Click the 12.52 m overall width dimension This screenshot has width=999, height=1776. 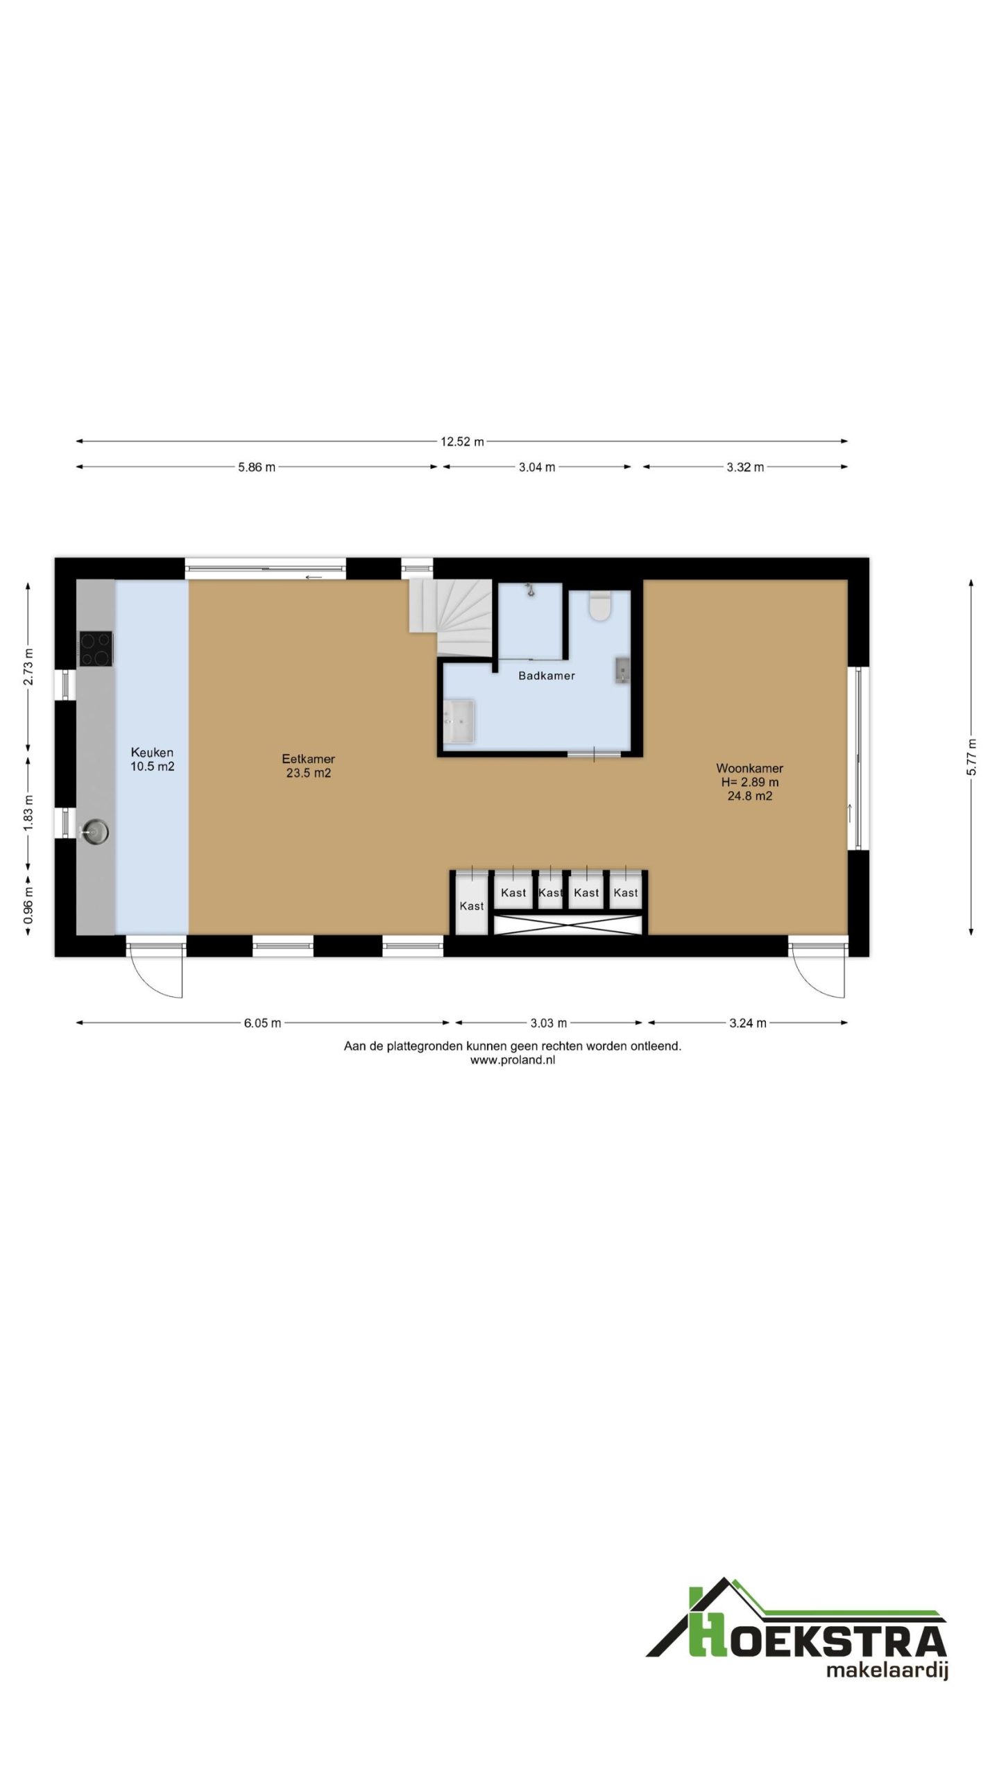coord(461,441)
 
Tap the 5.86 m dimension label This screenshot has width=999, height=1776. coord(257,467)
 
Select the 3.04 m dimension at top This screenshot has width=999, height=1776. coord(537,467)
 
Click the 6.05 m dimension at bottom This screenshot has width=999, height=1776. coord(262,1023)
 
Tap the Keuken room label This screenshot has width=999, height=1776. coord(152,753)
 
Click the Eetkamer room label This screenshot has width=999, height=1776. coord(308,759)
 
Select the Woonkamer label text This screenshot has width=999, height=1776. coord(749,768)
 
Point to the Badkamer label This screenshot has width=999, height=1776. coord(547,676)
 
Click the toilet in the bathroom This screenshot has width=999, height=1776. coord(599,606)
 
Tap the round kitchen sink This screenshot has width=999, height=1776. coord(94,830)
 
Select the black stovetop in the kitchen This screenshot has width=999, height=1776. coord(96,648)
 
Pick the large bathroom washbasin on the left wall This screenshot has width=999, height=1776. coord(459,721)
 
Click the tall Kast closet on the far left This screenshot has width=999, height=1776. coord(472,905)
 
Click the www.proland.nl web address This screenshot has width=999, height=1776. coord(512,1059)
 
